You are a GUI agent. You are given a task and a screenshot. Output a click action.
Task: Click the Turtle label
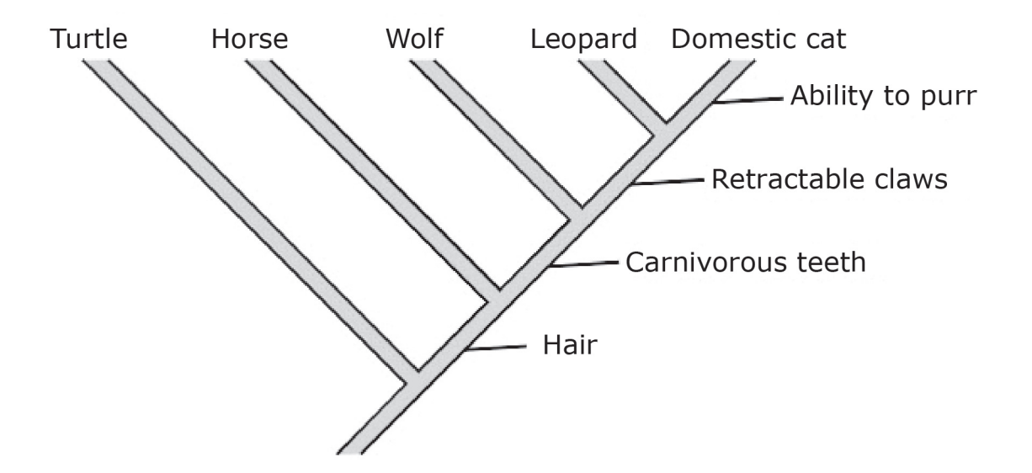pyautogui.click(x=88, y=39)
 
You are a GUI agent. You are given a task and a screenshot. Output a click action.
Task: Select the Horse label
pyautogui.click(x=250, y=39)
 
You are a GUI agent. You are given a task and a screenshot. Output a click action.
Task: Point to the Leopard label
pyautogui.click(x=584, y=40)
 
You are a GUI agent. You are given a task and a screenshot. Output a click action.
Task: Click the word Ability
pyautogui.click(x=828, y=97)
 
